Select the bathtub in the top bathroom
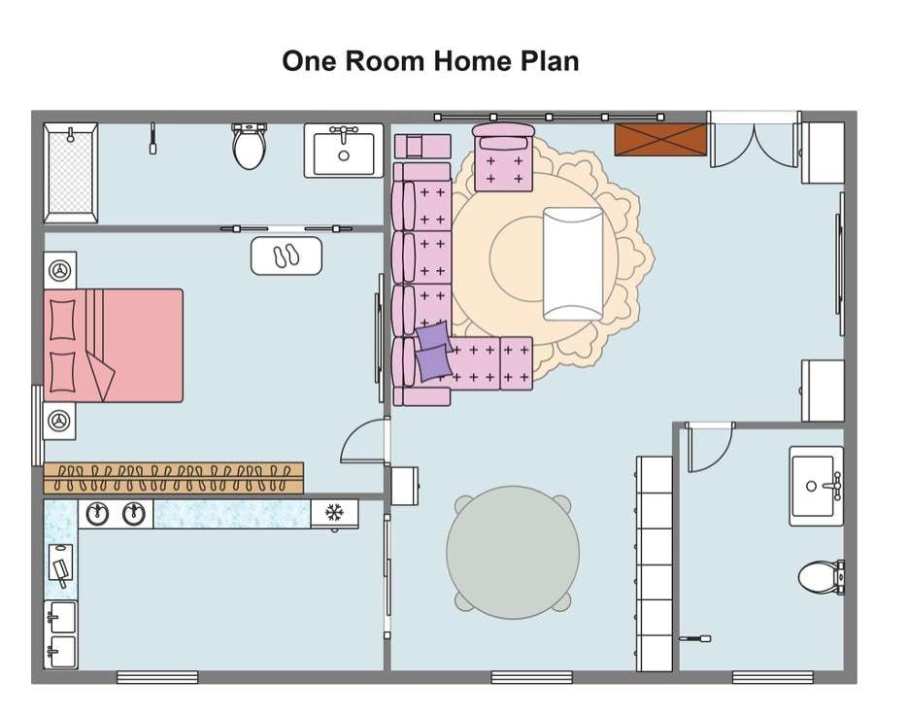click(71, 173)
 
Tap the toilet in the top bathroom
click(249, 146)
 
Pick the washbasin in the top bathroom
click(344, 151)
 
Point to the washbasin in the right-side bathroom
click(816, 486)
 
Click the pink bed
click(114, 346)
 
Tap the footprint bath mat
click(286, 255)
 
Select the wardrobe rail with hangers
click(173, 478)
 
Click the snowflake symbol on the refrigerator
click(334, 513)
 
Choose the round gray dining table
click(513, 552)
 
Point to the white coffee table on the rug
click(573, 264)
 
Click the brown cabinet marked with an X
click(661, 139)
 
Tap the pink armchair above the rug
click(503, 157)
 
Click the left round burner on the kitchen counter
click(97, 513)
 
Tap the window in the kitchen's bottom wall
click(157, 677)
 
